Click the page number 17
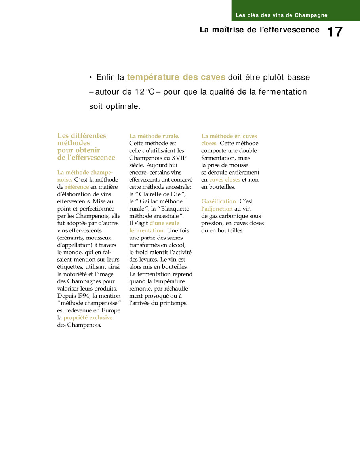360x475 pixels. [335, 32]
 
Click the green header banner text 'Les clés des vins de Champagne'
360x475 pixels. [281, 15]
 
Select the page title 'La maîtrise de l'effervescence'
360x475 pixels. [259, 30]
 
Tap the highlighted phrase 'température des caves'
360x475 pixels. [176, 77]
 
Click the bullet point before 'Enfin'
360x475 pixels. [91, 78]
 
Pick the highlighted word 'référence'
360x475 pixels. [77, 187]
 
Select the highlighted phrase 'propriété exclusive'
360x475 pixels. [88, 317]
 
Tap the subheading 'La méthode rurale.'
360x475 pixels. [154, 136]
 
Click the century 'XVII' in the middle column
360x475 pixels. [177, 158]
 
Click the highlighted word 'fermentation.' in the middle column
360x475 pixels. [147, 230]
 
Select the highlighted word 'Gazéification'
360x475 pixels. [219, 201]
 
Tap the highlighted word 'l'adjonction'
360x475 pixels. [217, 209]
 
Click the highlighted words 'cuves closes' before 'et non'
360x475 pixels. [225, 180]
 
